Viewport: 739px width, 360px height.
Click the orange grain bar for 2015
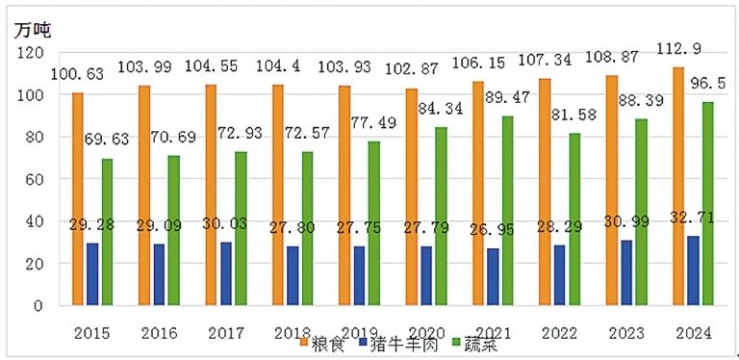78,199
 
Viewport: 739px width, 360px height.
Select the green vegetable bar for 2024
707,203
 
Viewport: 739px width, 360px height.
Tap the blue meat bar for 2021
493,276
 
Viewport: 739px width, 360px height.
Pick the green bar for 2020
441,217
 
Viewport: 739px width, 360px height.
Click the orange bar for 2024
678,186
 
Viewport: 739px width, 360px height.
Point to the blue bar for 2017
226,273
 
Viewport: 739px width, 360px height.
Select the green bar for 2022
574,219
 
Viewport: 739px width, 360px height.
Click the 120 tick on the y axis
31,52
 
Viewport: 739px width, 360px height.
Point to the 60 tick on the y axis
36,179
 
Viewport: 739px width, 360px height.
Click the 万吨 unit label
31,30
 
